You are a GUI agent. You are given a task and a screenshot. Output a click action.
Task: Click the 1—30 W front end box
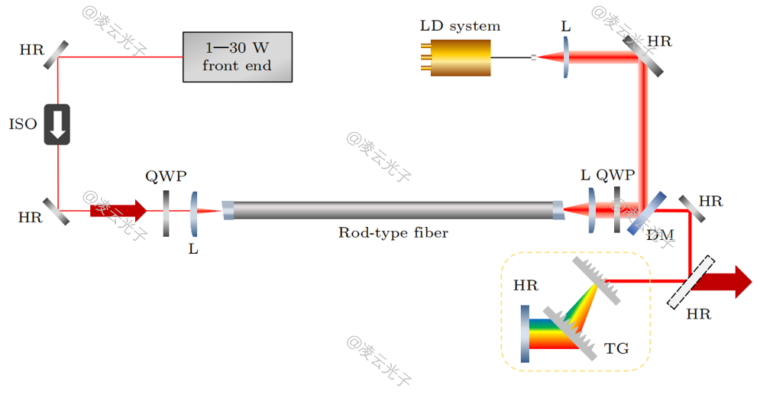coord(237,57)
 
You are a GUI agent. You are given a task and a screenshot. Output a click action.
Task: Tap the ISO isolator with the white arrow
coord(57,125)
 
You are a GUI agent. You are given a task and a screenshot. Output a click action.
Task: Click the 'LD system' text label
coord(460,26)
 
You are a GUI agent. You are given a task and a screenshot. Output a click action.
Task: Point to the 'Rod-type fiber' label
coord(393,233)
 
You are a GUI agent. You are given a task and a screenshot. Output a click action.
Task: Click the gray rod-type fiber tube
coord(393,209)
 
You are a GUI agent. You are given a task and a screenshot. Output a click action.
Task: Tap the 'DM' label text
coord(660,235)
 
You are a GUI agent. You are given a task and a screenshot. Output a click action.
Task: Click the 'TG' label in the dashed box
coord(616,348)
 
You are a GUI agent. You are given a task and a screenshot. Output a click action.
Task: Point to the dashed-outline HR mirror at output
coord(691,281)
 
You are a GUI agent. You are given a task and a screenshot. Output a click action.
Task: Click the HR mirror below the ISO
coord(56,211)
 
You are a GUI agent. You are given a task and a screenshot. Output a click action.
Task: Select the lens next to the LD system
coord(566,57)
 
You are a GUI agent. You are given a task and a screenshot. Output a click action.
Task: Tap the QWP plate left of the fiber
coord(166,213)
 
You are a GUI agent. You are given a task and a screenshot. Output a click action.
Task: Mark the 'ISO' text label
coord(23,125)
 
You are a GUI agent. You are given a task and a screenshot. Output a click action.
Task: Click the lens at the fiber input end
coord(193,212)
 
